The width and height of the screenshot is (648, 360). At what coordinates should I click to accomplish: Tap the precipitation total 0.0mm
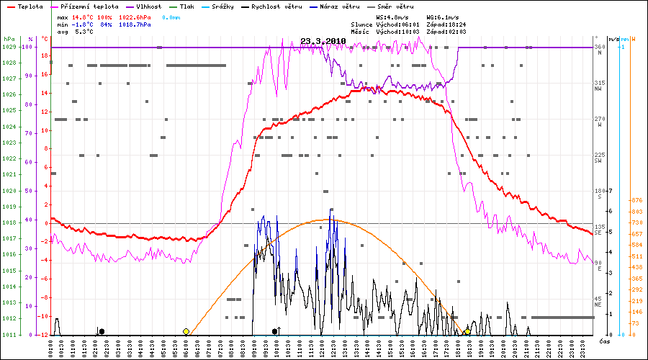coord(171,17)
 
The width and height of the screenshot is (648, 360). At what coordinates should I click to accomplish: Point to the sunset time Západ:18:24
coord(446,24)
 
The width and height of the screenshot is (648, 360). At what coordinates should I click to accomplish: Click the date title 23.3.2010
coord(323,41)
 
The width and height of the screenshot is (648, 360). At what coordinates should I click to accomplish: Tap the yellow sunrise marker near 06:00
coord(186,331)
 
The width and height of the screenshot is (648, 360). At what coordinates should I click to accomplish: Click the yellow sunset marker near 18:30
coord(467,331)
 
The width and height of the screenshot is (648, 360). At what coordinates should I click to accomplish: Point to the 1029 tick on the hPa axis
coord(9,48)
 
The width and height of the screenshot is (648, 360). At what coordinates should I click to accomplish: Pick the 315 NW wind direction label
coord(598,86)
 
